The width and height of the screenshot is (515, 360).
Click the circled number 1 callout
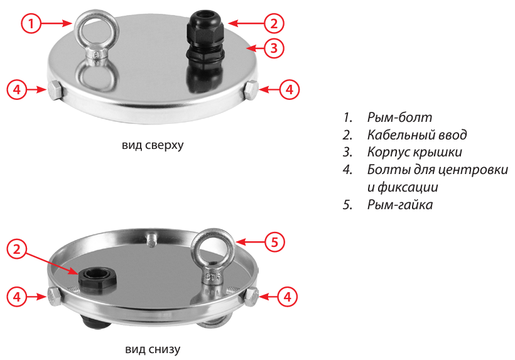point(31,23)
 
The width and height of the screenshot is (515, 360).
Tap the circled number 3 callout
point(274,48)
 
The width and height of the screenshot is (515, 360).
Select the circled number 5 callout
point(274,243)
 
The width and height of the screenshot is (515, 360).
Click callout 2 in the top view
point(274,23)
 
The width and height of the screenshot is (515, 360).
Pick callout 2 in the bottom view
point(17,249)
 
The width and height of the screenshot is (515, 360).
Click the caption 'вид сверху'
point(153,145)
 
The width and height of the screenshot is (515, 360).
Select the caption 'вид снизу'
point(153,349)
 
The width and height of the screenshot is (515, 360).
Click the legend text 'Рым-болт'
point(399,117)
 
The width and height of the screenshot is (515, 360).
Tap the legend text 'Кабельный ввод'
point(417,134)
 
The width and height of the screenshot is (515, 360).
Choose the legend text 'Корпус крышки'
point(415,152)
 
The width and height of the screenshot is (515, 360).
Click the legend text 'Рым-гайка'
point(399,205)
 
